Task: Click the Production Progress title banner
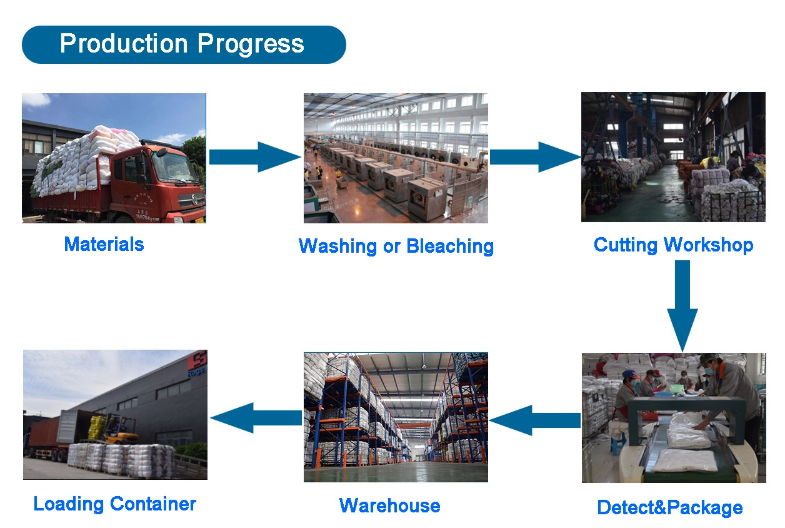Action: pos(184,44)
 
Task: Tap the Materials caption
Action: pos(104,244)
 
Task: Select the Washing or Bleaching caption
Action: pos(396,246)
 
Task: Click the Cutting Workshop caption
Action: pos(673,245)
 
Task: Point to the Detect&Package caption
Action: pos(670,507)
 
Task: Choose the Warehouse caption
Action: pos(390,505)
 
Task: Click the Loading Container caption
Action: pos(114,504)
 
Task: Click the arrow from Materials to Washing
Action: pos(255,157)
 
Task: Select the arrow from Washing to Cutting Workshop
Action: pos(536,157)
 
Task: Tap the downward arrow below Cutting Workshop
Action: pos(682,305)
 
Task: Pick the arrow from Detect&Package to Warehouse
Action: pos(535,420)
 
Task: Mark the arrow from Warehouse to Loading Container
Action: pos(256,418)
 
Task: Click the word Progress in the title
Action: pos(251,44)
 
